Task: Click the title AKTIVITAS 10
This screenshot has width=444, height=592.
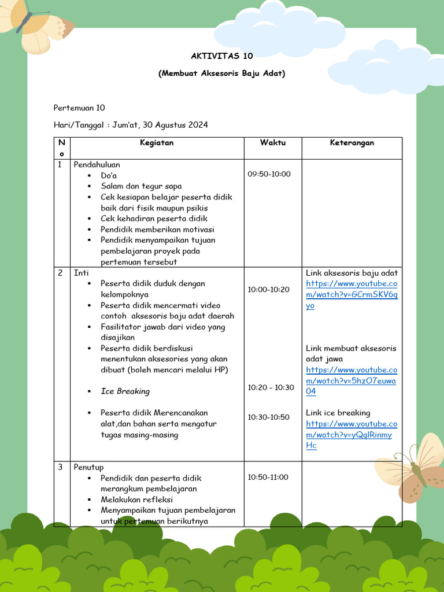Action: (x=221, y=56)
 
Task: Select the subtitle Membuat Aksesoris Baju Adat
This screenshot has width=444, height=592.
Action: (x=221, y=73)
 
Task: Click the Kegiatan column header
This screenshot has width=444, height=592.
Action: (x=157, y=143)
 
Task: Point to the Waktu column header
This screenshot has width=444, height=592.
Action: (x=272, y=143)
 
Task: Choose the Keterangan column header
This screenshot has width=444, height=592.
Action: (x=351, y=143)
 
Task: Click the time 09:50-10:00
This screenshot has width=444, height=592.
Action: (x=269, y=174)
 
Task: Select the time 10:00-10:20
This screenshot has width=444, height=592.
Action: (x=269, y=289)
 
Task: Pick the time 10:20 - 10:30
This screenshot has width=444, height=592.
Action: (x=271, y=387)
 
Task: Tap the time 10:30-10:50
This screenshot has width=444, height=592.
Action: (x=269, y=417)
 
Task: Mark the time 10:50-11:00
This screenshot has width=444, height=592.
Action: (x=268, y=477)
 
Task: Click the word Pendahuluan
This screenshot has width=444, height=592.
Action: (x=97, y=165)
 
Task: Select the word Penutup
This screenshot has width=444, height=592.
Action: (x=88, y=467)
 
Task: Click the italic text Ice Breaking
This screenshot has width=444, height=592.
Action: (x=125, y=391)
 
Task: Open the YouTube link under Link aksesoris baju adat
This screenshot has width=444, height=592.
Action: (x=351, y=295)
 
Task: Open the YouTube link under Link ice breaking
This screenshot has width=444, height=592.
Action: (x=351, y=435)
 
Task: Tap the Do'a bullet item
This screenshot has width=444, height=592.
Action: (x=109, y=175)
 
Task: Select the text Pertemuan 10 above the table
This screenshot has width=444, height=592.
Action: (x=79, y=108)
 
